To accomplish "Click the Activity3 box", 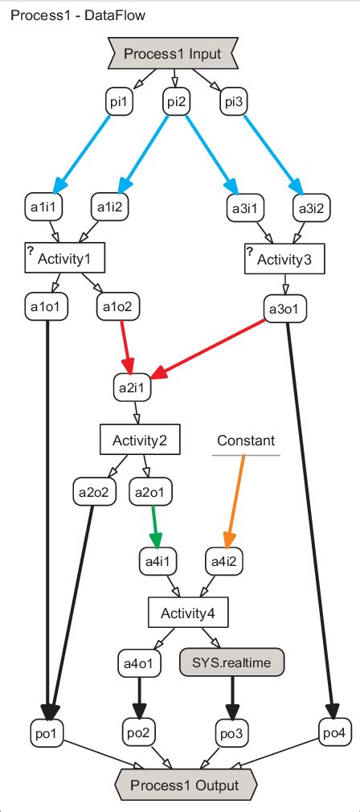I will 283,259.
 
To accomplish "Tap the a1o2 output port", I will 118,306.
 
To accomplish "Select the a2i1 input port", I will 132,388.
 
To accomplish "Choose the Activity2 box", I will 139,440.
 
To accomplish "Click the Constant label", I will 246,441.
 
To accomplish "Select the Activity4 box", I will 187,614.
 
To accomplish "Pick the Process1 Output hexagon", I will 186,783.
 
